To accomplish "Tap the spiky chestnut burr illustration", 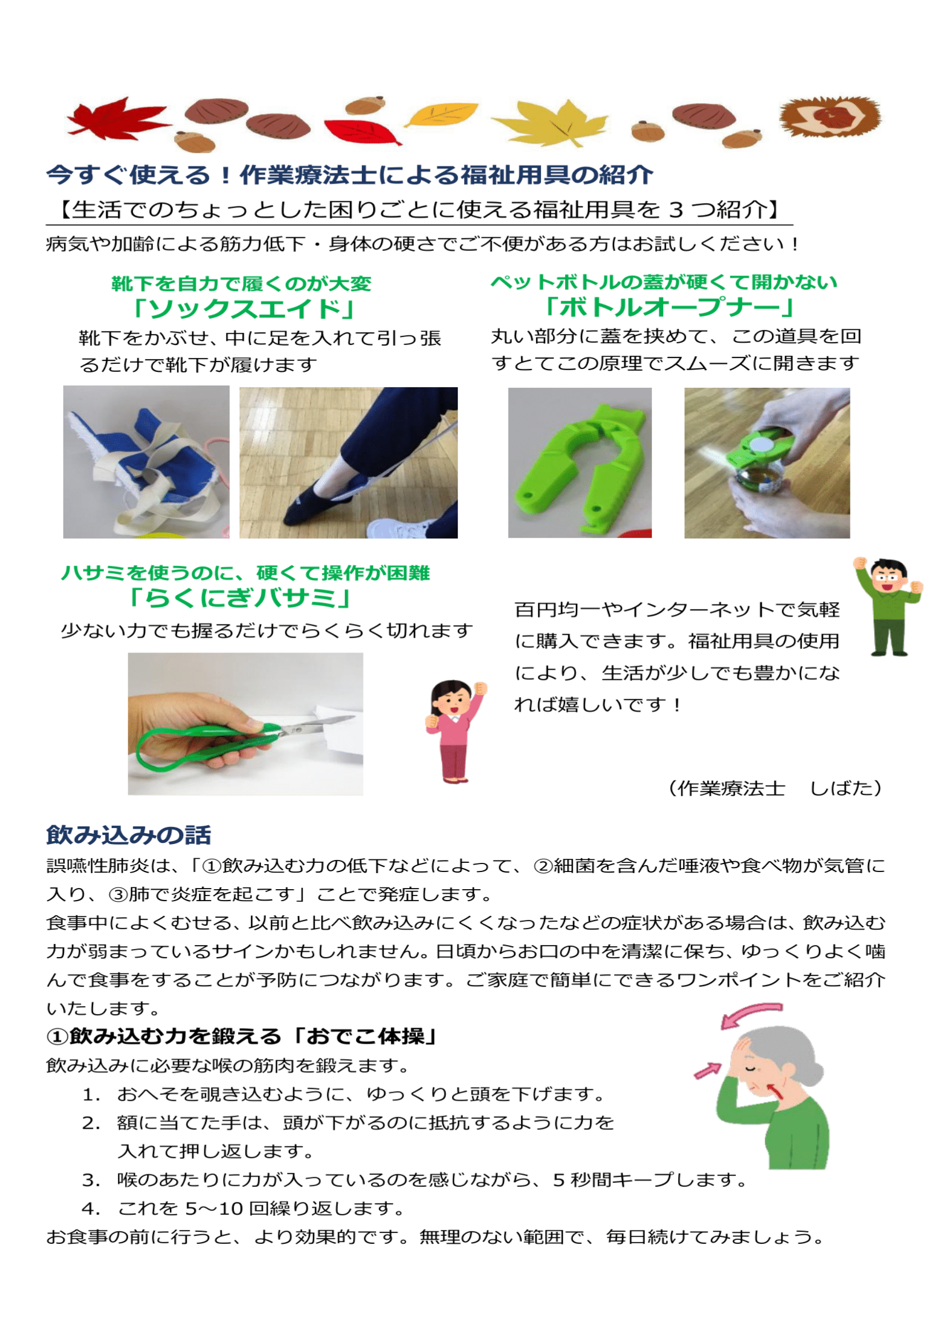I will tap(829, 116).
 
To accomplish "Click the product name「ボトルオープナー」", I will tap(668, 307).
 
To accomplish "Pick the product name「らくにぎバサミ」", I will tap(240, 598).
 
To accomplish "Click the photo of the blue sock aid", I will tap(146, 462).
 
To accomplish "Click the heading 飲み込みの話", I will tap(128, 835).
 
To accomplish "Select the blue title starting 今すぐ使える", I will tap(349, 175).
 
